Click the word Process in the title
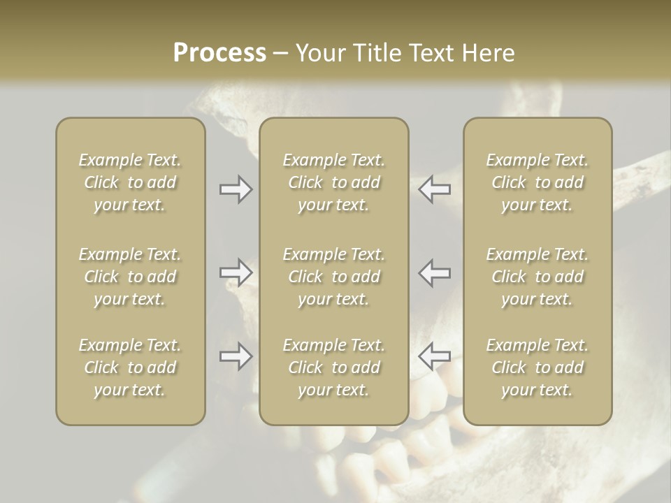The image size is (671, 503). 219,53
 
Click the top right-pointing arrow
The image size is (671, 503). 236,189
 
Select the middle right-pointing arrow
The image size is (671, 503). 236,272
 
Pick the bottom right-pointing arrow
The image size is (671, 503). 236,356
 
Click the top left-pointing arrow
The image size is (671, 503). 435,189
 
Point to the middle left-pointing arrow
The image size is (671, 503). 435,272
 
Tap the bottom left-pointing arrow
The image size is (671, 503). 435,356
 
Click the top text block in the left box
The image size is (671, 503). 130,182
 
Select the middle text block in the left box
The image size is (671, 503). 130,277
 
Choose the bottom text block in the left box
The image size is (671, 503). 130,367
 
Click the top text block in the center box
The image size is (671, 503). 334,182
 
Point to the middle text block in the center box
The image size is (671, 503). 334,277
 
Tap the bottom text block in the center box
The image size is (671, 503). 334,367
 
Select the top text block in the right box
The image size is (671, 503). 537,182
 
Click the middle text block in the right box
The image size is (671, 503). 537,277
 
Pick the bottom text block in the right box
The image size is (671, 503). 537,367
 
